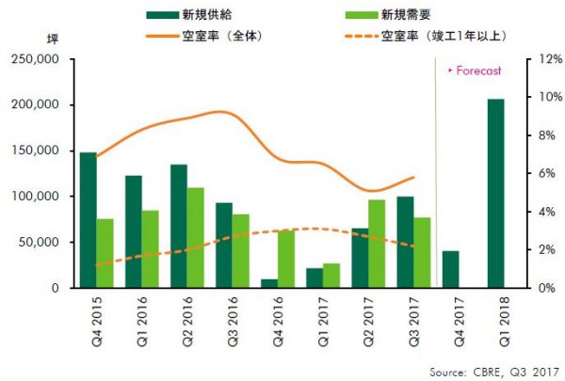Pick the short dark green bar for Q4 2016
click(x=269, y=282)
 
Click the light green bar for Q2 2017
click(x=377, y=244)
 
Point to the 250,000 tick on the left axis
click(x=35, y=59)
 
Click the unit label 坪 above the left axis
click(x=53, y=40)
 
